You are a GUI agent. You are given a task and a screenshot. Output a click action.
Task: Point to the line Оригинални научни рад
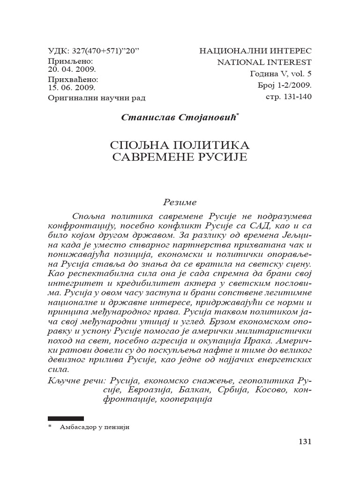(x=97, y=98)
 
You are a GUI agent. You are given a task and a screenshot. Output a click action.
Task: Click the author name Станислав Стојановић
(x=179, y=118)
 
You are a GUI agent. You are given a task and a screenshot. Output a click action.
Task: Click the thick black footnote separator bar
(x=66, y=418)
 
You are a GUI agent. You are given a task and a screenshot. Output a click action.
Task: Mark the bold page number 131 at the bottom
(x=304, y=442)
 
